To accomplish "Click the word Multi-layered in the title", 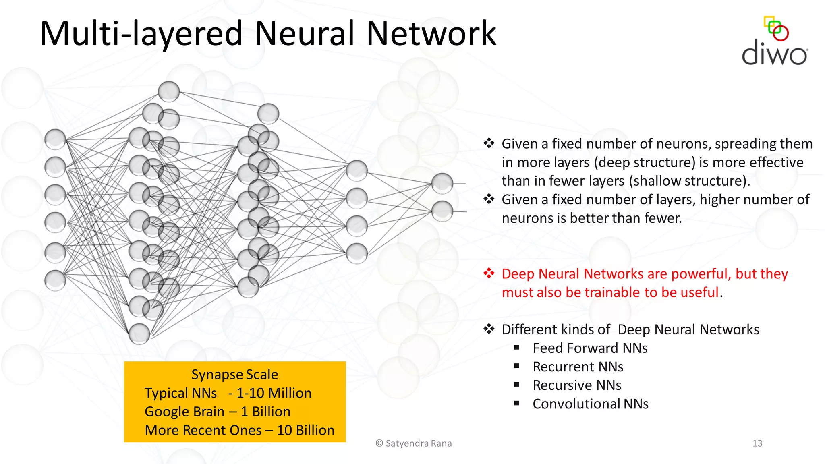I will pyautogui.click(x=141, y=34).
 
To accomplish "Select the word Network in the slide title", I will pyautogui.click(x=431, y=34).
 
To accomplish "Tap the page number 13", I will pyautogui.click(x=757, y=443).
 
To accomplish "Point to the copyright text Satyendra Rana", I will pyautogui.click(x=419, y=443).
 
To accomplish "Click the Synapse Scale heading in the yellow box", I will pyautogui.click(x=234, y=375).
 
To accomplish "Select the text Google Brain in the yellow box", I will pyautogui.click(x=184, y=412).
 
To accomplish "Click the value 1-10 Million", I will pyautogui.click(x=274, y=393).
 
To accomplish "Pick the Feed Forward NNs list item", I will pyautogui.click(x=590, y=348).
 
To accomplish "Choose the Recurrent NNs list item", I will pyautogui.click(x=578, y=367).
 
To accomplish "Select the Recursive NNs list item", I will pyautogui.click(x=576, y=385).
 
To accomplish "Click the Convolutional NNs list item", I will pyautogui.click(x=590, y=404).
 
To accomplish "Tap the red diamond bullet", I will pyautogui.click(x=489, y=273).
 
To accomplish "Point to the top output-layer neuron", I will pyautogui.click(x=442, y=183).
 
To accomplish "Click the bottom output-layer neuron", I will pyautogui.click(x=442, y=211).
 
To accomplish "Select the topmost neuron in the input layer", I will pyautogui.click(x=55, y=140).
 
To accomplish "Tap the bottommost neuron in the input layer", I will pyautogui.click(x=55, y=280).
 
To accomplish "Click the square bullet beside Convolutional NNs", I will pyautogui.click(x=516, y=403).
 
